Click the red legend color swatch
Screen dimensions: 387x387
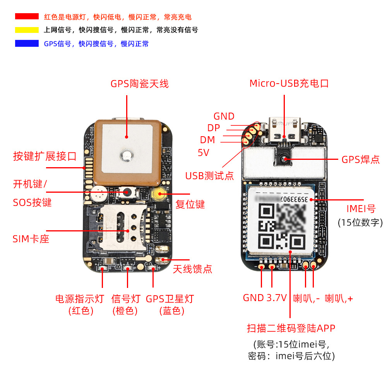(27, 16)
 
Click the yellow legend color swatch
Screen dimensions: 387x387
(27, 30)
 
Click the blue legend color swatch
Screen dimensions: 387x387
(27, 43)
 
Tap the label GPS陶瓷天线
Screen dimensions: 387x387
(139, 84)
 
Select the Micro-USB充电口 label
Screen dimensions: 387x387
(289, 83)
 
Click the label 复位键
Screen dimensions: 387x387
(190, 204)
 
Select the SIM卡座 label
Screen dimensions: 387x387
(31, 239)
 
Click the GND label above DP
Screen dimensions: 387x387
(224, 116)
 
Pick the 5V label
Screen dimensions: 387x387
(203, 153)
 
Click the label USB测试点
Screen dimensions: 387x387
(209, 176)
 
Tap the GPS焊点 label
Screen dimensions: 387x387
(360, 159)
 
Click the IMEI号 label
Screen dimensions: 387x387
(361, 209)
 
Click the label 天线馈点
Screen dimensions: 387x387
(192, 269)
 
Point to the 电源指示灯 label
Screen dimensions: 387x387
(80, 299)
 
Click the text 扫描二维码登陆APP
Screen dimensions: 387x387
(291, 329)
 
